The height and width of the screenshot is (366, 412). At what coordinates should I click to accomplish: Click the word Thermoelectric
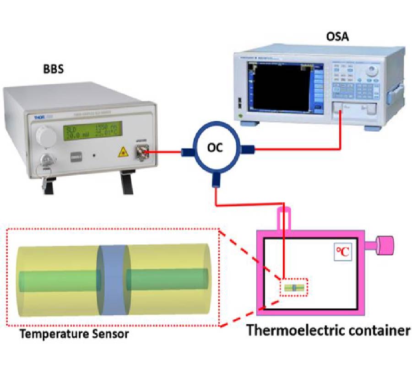(x=296, y=330)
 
